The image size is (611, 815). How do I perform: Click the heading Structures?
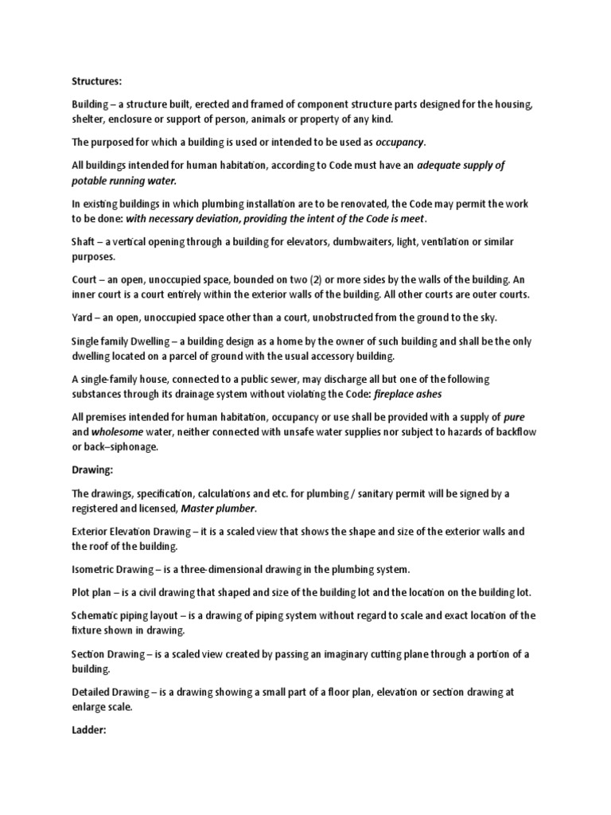tap(96, 80)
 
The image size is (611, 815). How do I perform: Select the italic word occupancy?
tap(400, 142)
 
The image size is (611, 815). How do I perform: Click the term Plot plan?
tap(90, 592)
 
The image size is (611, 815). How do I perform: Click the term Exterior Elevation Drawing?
tap(132, 531)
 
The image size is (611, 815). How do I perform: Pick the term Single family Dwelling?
tap(122, 341)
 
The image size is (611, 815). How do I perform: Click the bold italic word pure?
tap(515, 417)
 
